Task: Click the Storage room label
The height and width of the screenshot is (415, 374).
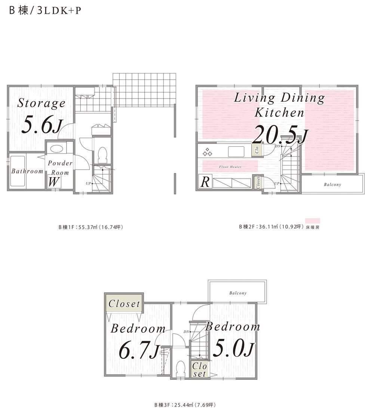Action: pos(41,103)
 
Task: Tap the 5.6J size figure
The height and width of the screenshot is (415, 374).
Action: pos(42,125)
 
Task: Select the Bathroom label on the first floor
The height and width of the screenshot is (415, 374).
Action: pos(27,171)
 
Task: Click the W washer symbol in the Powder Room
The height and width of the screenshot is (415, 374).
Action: pos(54,182)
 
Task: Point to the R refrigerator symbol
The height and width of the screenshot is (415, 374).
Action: pos(205,182)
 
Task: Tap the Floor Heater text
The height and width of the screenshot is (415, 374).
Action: pos(230,167)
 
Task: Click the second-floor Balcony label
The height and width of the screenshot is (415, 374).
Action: pos(332,185)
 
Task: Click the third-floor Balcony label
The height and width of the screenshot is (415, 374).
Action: pos(238,293)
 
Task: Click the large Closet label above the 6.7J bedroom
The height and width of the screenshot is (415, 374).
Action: pos(124,304)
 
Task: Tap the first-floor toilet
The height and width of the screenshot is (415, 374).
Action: pos(102,155)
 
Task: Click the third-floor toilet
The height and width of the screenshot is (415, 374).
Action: pos(181,369)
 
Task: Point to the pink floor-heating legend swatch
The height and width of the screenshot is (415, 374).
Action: pos(313,221)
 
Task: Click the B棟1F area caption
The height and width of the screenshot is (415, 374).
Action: pos(91,227)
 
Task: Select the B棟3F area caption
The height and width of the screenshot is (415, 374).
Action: pos(185,405)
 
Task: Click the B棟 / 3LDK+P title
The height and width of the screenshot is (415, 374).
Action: pos(45,10)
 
